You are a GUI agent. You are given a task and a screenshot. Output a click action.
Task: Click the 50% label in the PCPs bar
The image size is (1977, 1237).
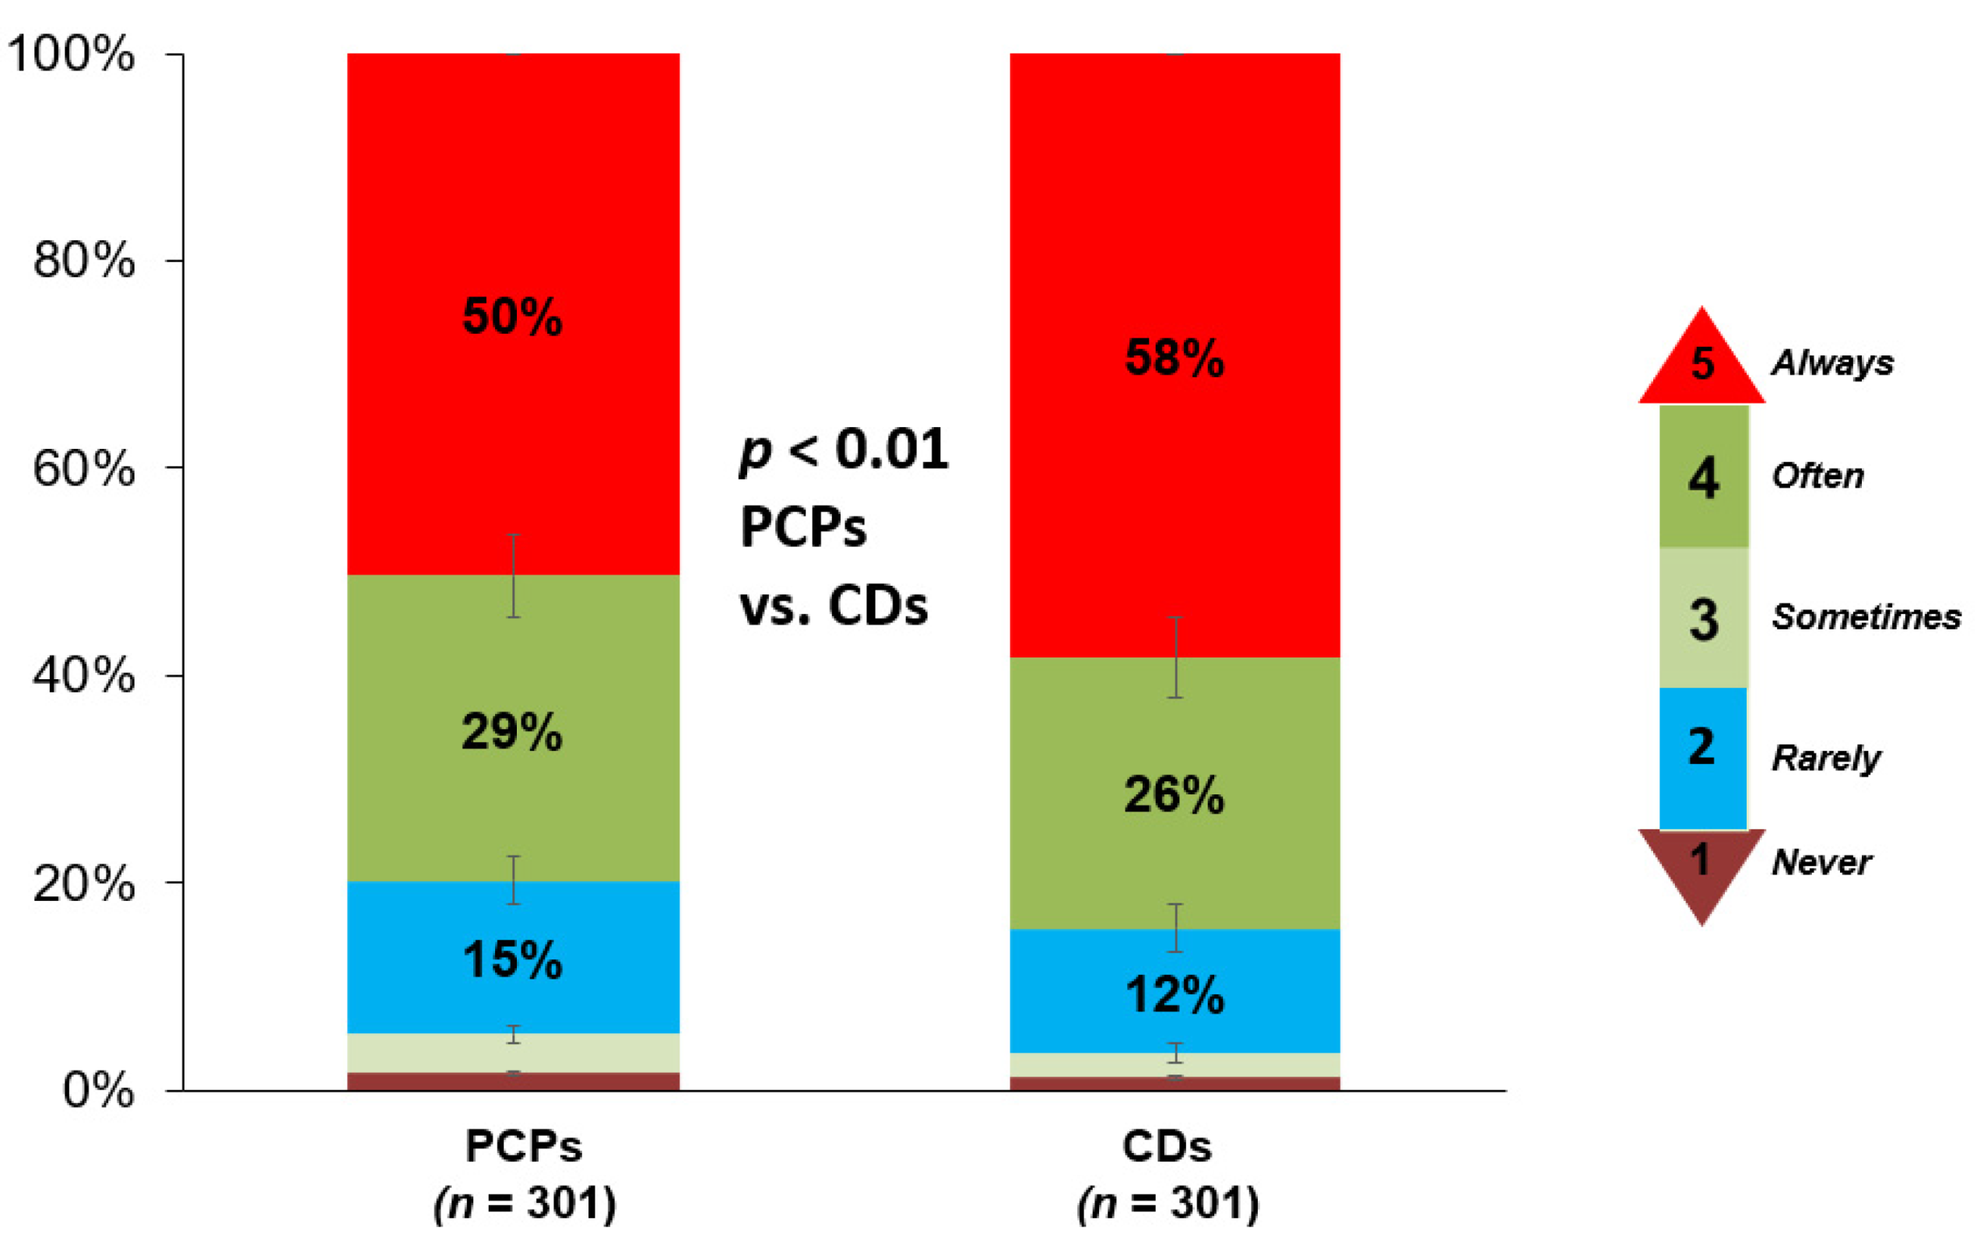pyautogui.click(x=512, y=317)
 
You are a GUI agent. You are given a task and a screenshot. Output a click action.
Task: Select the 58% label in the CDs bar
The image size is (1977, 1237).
pyautogui.click(x=1175, y=358)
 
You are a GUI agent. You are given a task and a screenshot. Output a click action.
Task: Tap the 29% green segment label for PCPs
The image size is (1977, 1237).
pyautogui.click(x=512, y=731)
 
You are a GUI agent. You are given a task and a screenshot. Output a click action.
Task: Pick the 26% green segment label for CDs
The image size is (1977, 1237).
pyautogui.click(x=1175, y=794)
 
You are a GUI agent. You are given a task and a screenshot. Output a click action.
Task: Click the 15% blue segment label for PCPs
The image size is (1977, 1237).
pyautogui.click(x=512, y=960)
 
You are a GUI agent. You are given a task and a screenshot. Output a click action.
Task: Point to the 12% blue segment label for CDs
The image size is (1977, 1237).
pyautogui.click(x=1175, y=996)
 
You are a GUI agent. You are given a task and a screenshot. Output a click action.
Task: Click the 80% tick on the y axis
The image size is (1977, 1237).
pyautogui.click(x=83, y=261)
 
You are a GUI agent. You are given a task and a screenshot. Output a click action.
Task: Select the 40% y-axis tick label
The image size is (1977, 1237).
pyautogui.click(x=83, y=676)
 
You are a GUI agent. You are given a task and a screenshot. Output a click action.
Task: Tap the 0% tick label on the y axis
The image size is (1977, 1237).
pyautogui.click(x=98, y=1091)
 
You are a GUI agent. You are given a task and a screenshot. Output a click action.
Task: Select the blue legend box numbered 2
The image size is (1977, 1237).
pyautogui.click(x=1702, y=757)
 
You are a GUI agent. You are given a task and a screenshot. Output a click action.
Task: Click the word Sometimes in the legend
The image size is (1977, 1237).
pyautogui.click(x=1866, y=616)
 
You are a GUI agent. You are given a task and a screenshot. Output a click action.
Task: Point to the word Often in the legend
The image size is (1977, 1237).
pyautogui.click(x=1817, y=475)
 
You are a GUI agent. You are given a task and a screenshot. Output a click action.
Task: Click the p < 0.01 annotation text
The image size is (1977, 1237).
pyautogui.click(x=844, y=449)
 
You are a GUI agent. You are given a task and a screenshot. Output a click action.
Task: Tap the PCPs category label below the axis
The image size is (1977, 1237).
pyautogui.click(x=524, y=1146)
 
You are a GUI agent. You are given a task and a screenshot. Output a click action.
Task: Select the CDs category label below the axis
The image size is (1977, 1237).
pyautogui.click(x=1166, y=1146)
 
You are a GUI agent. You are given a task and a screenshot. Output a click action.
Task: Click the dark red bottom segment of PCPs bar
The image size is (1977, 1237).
pyautogui.click(x=512, y=1081)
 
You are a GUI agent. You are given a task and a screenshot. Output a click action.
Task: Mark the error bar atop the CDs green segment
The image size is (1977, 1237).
pyautogui.click(x=1175, y=657)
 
